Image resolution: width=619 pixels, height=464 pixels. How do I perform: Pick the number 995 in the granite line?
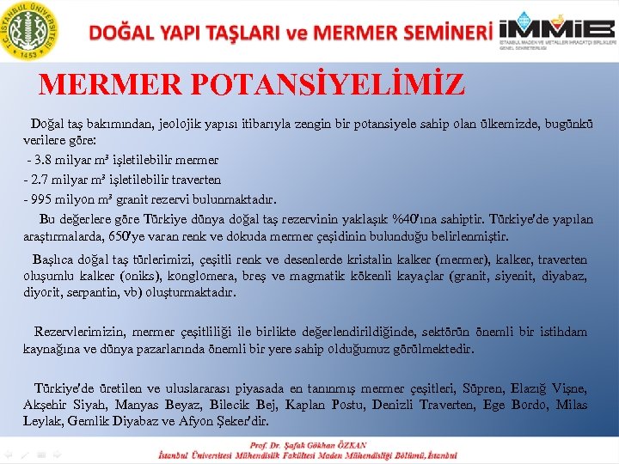43,199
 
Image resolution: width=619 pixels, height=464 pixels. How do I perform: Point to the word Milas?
572,405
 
